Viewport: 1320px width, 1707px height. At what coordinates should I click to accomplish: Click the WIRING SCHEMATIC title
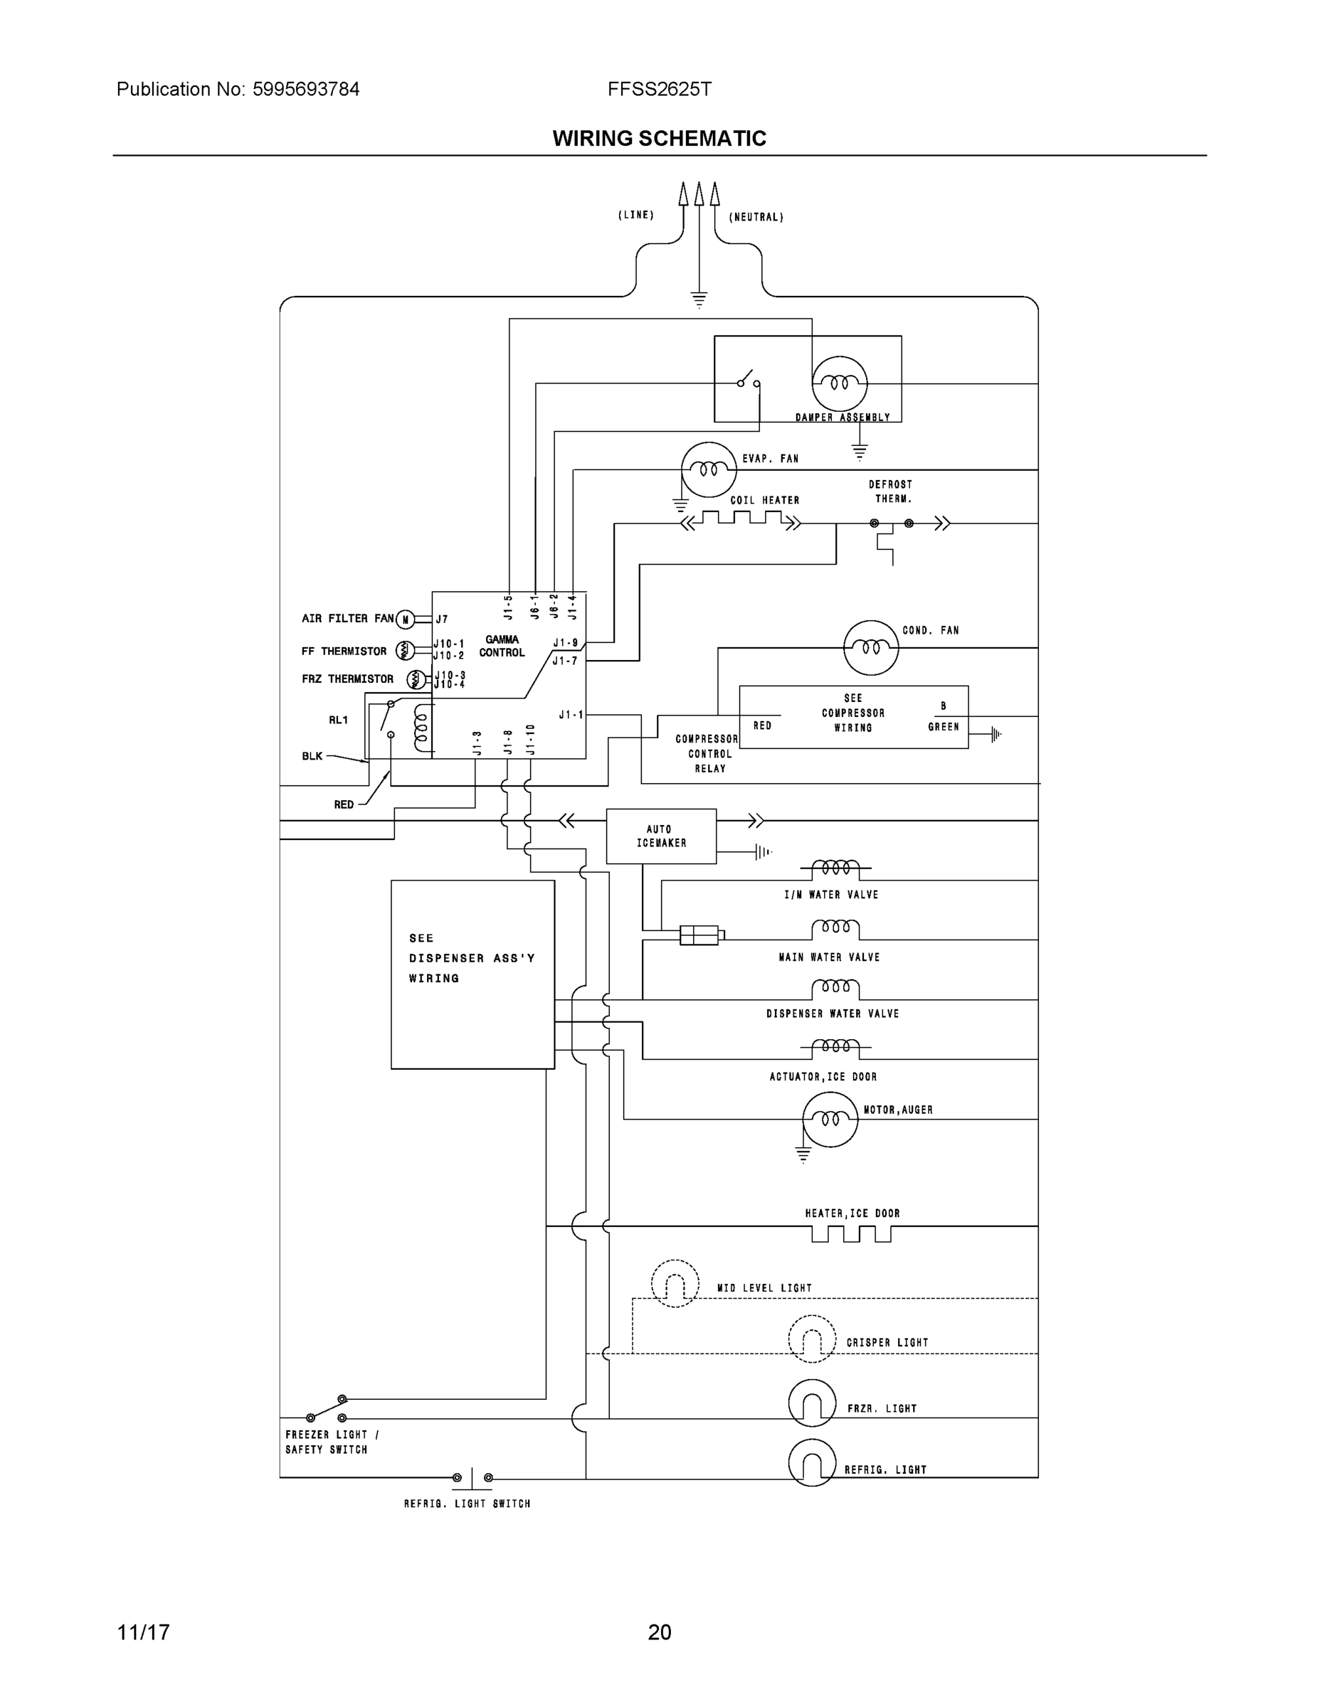click(x=659, y=139)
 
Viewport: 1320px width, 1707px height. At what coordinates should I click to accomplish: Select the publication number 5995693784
click(x=306, y=89)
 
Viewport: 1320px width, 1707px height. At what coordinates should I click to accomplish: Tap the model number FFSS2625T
click(x=659, y=89)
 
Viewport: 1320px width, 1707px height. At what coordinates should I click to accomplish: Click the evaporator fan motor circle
click(x=709, y=469)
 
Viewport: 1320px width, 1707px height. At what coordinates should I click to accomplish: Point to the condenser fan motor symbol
click(x=870, y=647)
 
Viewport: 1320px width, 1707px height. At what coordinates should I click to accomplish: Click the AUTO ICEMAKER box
click(x=661, y=836)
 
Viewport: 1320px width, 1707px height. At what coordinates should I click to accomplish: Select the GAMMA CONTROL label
click(x=502, y=646)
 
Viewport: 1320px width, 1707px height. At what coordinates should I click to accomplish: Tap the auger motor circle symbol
click(x=830, y=1120)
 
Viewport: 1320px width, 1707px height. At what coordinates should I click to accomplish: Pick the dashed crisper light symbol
click(x=812, y=1339)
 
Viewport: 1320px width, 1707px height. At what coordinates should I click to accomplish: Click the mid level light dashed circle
click(x=675, y=1283)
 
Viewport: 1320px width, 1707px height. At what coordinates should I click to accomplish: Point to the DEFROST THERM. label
click(x=892, y=491)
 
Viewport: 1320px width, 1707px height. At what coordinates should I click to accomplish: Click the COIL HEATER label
click(x=764, y=500)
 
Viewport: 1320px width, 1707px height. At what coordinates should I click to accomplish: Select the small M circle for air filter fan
click(x=405, y=619)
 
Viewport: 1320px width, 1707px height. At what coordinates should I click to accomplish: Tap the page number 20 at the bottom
click(x=659, y=1632)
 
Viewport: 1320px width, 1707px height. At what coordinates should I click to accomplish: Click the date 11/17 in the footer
click(x=143, y=1632)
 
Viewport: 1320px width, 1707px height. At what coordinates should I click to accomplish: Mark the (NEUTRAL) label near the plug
click(x=756, y=217)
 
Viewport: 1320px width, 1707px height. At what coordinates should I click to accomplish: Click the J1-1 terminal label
click(x=571, y=714)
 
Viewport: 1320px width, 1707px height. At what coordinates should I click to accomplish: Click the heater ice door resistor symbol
click(x=851, y=1233)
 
